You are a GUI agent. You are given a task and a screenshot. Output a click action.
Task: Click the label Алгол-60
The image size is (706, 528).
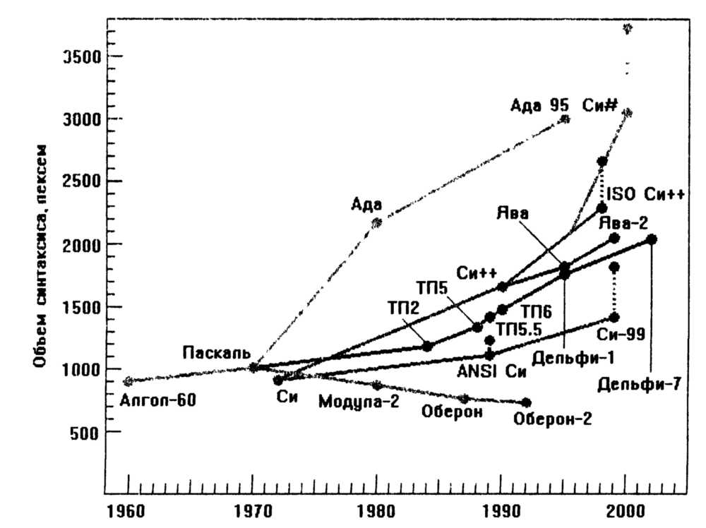point(158,402)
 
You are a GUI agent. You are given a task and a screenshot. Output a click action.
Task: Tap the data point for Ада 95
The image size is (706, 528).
point(564,119)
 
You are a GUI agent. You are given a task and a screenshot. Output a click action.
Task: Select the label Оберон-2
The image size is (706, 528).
point(553,419)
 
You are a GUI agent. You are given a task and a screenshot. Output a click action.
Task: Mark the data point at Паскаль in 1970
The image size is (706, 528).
point(254,367)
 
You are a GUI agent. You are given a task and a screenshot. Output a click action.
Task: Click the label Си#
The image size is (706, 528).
point(600,106)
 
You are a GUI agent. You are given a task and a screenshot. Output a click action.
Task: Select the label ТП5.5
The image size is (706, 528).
point(519,329)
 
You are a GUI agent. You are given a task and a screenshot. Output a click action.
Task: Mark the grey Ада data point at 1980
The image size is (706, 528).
point(376,222)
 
